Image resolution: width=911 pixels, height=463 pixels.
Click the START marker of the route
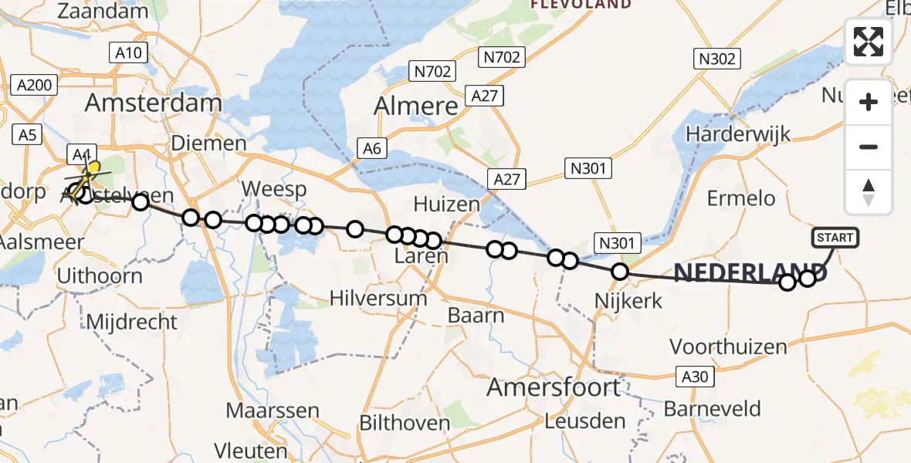pyautogui.click(x=835, y=237)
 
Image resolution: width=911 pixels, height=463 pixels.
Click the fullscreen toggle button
pyautogui.click(x=869, y=42)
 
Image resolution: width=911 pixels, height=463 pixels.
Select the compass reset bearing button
pyautogui.click(x=869, y=192)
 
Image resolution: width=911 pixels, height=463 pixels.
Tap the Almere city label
pyautogui.click(x=416, y=106)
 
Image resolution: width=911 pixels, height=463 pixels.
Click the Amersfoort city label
pyautogui.click(x=554, y=387)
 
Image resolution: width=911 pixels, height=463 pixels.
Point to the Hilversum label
pyautogui.click(x=378, y=298)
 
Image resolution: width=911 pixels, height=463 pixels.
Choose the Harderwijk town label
pyautogui.click(x=739, y=133)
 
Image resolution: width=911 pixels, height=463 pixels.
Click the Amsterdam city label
pyautogui.click(x=154, y=103)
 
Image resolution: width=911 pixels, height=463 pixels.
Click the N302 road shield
pyautogui.click(x=718, y=59)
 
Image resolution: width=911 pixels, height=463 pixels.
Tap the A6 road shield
pyautogui.click(x=373, y=149)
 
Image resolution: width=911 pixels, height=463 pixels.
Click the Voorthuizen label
pyautogui.click(x=727, y=346)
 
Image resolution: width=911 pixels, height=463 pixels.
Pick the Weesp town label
pyautogui.click(x=274, y=189)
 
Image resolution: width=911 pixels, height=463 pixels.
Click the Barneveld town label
pyautogui.click(x=712, y=408)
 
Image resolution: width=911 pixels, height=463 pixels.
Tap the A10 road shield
pyautogui.click(x=128, y=52)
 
